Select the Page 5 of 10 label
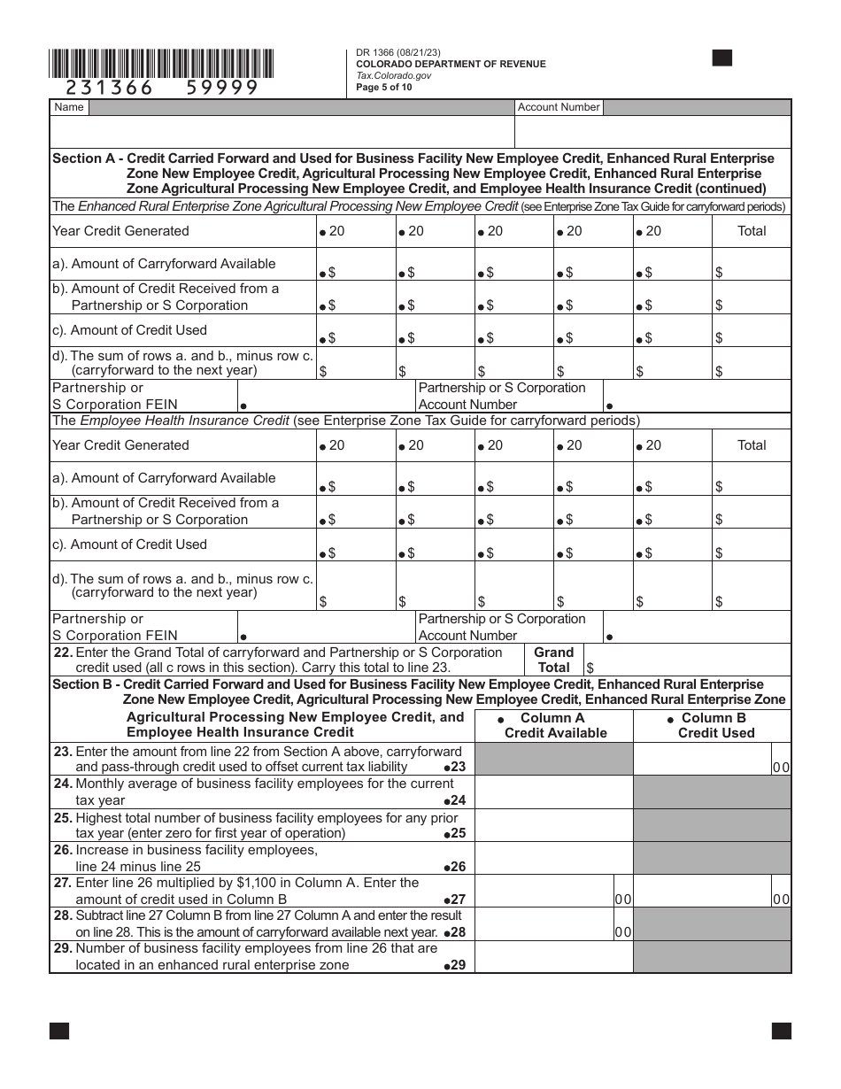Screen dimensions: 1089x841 [384, 87]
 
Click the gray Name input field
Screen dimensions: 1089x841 [301, 107]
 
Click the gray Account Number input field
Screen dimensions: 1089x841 [698, 107]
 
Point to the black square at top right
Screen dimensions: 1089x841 [722, 58]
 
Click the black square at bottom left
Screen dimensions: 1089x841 [59, 1031]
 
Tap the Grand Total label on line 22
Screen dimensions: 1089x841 [554, 660]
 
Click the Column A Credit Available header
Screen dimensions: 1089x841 [554, 726]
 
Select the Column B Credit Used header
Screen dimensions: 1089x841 [714, 726]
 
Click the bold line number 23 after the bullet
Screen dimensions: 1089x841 [458, 767]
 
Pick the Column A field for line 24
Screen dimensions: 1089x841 [554, 792]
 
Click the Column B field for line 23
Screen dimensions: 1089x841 [701, 760]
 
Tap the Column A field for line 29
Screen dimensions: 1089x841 [554, 956]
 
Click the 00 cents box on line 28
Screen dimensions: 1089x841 [623, 932]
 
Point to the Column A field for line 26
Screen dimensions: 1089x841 [554, 858]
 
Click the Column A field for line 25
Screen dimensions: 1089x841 [554, 825]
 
